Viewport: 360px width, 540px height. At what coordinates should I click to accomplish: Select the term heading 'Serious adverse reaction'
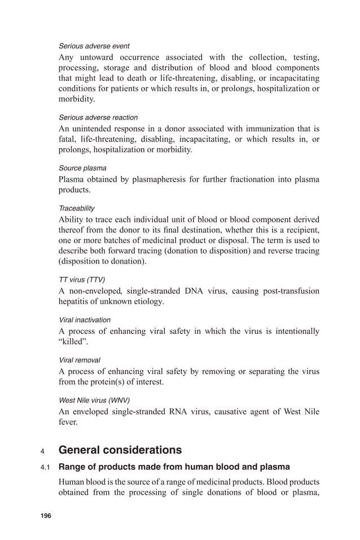pyautogui.click(x=98, y=117)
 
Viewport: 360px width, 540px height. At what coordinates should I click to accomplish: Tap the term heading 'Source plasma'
pyautogui.click(x=82, y=168)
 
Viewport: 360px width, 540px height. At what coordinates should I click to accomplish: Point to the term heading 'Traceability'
pyautogui.click(x=77, y=208)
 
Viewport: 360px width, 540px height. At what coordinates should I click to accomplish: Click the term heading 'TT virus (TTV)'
pyautogui.click(x=82, y=280)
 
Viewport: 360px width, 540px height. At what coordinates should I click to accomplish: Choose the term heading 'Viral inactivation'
pyautogui.click(x=85, y=320)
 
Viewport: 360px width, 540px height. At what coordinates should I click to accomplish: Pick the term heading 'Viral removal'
pyautogui.click(x=80, y=360)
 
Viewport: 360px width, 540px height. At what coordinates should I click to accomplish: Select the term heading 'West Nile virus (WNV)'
pyautogui.click(x=94, y=400)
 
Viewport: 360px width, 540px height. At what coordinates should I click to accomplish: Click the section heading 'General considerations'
pyautogui.click(x=120, y=450)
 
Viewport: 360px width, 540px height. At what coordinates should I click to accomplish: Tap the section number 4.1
pyautogui.click(x=45, y=467)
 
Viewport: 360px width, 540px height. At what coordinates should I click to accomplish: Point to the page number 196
pyautogui.click(x=45, y=516)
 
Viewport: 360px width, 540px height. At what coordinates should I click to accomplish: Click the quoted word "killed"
pyautogui.click(x=72, y=341)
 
